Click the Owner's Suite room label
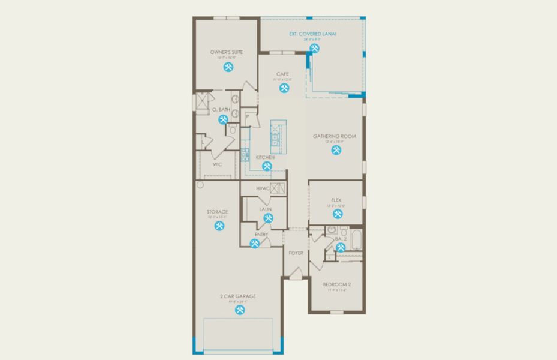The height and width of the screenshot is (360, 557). (227, 53)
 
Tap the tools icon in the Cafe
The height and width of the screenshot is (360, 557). (284, 88)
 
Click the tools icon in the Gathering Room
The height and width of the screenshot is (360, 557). (335, 151)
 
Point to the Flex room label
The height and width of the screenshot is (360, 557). (336, 200)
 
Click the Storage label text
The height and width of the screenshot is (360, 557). (218, 212)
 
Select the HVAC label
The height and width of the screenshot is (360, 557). (263, 188)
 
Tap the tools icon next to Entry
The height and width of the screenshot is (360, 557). (254, 244)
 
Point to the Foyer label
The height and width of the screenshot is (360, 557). (296, 253)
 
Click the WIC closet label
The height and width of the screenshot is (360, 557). (217, 163)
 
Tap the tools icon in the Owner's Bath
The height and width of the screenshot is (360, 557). (223, 119)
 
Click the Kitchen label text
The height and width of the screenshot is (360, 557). (265, 157)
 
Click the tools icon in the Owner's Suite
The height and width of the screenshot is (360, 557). (228, 67)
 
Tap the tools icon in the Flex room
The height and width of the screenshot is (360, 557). (338, 214)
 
